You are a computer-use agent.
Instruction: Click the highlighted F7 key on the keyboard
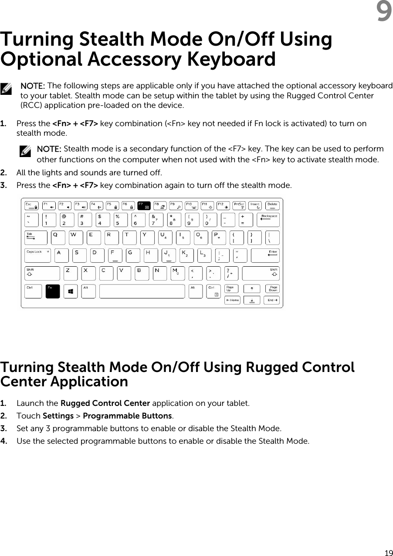(144, 204)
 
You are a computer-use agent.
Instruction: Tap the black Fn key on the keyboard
(52, 291)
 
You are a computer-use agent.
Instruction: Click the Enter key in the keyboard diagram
(265, 255)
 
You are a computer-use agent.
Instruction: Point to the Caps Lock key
(37, 255)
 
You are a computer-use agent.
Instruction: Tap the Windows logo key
(71, 291)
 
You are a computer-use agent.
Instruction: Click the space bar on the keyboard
(142, 291)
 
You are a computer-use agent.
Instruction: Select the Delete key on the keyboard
(272, 204)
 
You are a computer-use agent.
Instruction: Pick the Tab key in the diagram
(36, 238)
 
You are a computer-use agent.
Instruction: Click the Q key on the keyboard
(58, 238)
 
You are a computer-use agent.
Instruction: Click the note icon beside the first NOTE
(7, 90)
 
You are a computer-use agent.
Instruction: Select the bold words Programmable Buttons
(127, 416)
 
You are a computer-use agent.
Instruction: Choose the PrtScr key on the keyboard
(239, 204)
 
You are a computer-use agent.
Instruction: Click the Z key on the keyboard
(70, 273)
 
